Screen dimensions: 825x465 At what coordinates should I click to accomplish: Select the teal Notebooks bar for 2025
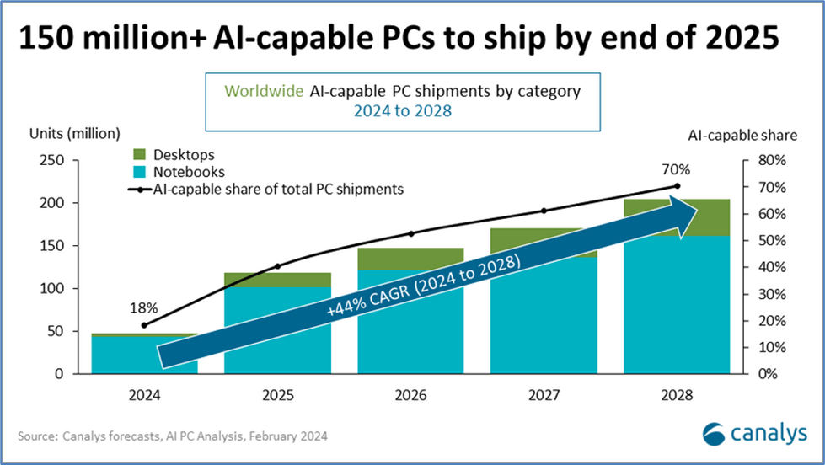tap(278, 330)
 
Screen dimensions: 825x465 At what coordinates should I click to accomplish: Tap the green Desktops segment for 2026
tap(410, 259)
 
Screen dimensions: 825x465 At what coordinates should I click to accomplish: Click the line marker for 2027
tap(544, 211)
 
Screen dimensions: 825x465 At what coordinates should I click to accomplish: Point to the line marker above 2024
tap(145, 325)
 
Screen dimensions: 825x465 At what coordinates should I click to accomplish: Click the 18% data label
tap(143, 308)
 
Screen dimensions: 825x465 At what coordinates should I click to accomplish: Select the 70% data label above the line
tap(676, 169)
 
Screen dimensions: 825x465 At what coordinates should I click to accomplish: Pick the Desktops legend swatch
tap(139, 154)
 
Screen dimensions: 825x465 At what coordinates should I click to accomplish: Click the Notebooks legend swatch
tap(139, 172)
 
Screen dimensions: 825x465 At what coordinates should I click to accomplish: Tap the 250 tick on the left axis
tap(51, 160)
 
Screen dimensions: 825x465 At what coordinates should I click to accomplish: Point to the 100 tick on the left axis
tap(51, 288)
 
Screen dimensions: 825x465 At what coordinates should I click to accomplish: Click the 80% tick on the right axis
tap(772, 160)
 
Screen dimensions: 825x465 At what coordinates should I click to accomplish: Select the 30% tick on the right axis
tap(772, 294)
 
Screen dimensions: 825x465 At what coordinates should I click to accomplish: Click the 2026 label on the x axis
tap(411, 395)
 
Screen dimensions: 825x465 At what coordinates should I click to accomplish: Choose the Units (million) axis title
tap(75, 134)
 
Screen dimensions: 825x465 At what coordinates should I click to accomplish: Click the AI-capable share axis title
tap(742, 136)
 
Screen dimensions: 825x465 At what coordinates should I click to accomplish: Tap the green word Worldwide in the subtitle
tap(264, 91)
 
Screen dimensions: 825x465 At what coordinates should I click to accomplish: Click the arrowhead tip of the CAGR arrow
tap(698, 211)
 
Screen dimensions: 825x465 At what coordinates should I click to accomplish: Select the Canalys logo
tap(754, 434)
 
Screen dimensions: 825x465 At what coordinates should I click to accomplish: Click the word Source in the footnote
tap(37, 436)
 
